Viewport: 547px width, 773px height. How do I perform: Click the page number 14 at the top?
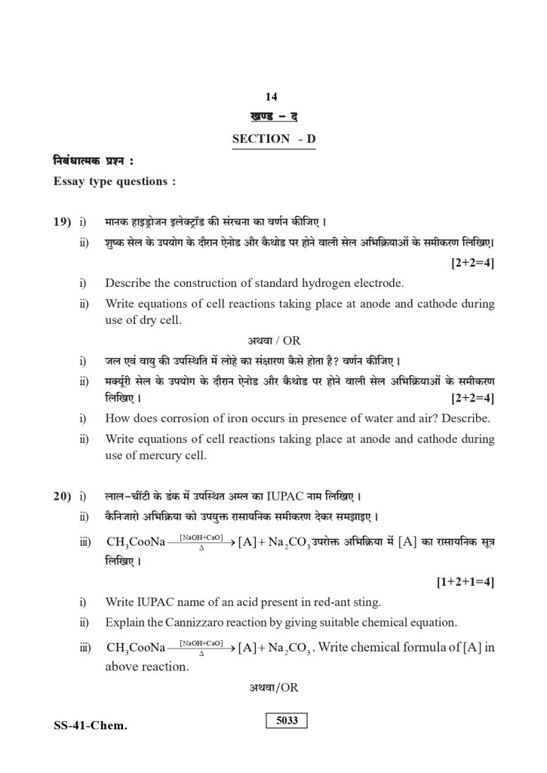(272, 97)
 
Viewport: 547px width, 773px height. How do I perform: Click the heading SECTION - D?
(274, 139)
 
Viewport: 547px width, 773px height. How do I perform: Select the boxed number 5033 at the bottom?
(287, 720)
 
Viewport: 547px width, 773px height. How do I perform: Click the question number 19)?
(61, 222)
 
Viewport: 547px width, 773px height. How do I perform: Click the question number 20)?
(61, 497)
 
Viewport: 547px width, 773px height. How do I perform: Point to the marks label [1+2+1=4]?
(466, 583)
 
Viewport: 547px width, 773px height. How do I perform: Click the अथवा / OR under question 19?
(274, 340)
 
